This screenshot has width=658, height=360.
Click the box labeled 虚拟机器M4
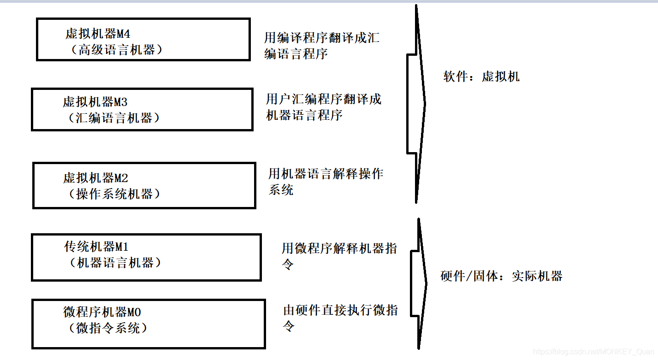pos(143,40)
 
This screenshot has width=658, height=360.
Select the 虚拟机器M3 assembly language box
pos(142,110)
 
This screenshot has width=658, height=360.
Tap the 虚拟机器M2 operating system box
pos(144,185)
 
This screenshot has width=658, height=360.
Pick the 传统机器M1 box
pos(146,257)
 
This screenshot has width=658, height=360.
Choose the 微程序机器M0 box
pos(148,324)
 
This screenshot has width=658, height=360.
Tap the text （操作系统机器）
pos(114,194)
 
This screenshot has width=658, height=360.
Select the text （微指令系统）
pos(108,329)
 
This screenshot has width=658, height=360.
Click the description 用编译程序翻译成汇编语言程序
pos(321,46)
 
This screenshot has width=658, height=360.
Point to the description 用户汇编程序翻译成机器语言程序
pos(323,107)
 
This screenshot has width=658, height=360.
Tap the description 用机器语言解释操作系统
pos(326,182)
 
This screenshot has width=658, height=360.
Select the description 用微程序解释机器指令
pos(339,256)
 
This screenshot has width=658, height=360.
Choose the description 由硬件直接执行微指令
pos(340,318)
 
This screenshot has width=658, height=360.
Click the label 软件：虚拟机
pos(481,77)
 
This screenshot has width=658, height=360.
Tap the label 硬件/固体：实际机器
pos(502,277)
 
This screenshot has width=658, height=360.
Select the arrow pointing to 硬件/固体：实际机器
pos(419,283)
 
